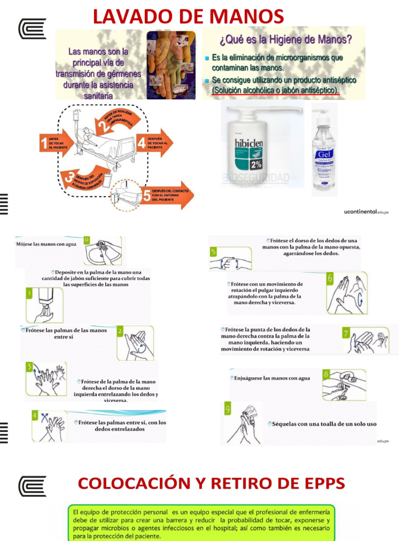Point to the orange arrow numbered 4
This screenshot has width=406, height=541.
pos(154,143)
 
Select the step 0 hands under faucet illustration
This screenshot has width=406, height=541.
pos(103,250)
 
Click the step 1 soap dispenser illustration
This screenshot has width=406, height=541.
pos(44,305)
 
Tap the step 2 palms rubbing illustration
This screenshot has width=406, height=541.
pos(135,343)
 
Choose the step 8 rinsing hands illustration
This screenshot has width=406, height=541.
pos(343,385)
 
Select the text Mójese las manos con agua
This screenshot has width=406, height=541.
pos(46,244)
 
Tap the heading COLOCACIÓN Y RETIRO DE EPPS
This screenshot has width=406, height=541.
pos(211,483)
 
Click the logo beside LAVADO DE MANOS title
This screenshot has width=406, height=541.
pos(32,29)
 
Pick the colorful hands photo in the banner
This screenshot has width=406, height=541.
pos(171,64)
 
